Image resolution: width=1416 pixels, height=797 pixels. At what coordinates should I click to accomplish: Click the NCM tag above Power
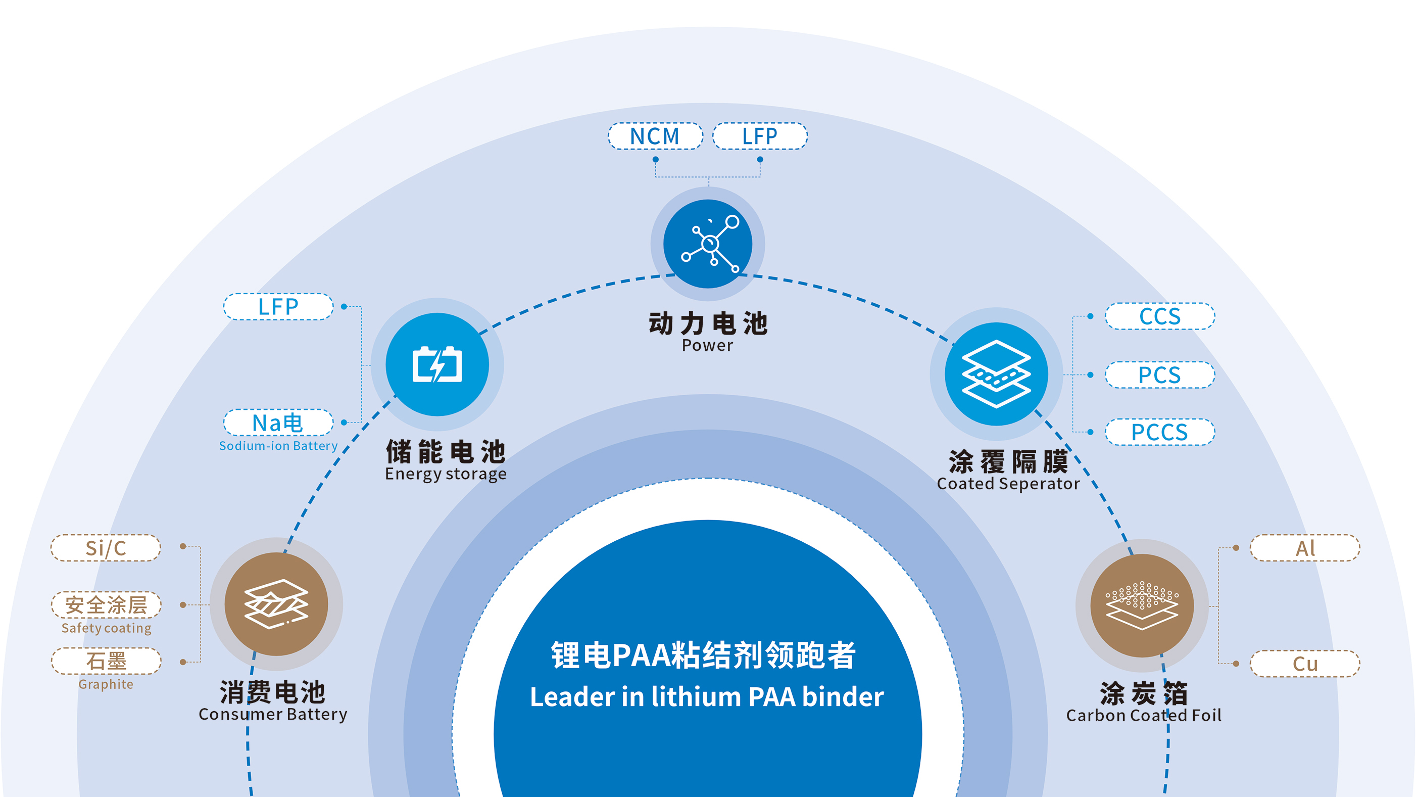point(655,136)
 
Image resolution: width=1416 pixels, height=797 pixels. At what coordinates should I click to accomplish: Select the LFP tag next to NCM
point(760,136)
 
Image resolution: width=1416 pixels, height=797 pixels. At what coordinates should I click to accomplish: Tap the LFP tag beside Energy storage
point(278,306)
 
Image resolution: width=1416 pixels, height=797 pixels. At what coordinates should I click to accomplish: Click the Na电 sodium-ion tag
point(278,423)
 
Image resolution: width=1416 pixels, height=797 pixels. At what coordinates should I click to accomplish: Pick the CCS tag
point(1159,316)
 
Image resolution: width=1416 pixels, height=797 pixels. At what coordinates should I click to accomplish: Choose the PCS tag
point(1159,375)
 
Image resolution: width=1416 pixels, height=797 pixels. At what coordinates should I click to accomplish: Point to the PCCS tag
point(1159,432)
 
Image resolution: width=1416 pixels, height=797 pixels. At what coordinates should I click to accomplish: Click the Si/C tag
point(106,548)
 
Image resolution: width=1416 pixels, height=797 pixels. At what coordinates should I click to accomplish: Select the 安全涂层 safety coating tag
point(106,605)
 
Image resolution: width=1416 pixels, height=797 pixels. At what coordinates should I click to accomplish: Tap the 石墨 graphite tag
point(106,661)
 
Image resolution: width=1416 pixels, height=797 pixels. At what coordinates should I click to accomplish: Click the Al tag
point(1305,548)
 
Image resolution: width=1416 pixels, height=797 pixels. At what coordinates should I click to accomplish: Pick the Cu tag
point(1305,664)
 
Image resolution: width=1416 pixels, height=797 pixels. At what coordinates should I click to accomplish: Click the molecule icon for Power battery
point(708,244)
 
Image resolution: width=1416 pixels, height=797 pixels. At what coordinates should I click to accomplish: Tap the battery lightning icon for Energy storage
point(437,364)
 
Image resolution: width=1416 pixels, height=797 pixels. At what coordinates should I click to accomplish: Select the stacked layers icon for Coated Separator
point(996,374)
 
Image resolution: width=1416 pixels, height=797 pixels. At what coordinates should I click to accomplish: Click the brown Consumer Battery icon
point(276,604)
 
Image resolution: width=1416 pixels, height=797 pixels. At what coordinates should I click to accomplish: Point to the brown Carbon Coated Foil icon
point(1142,605)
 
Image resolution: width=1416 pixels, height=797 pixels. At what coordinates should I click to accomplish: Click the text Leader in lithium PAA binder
point(707,697)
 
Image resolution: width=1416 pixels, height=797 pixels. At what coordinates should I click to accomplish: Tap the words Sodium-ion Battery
point(278,446)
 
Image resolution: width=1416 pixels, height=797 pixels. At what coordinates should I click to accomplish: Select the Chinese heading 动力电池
point(708,323)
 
